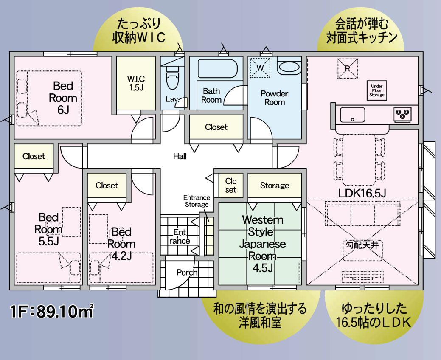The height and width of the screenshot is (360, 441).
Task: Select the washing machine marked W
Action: [260, 67]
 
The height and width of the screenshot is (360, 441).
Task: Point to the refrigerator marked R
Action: [347, 67]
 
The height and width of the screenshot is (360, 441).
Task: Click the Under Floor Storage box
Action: [376, 90]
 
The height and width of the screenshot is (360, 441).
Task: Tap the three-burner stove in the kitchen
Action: [403, 113]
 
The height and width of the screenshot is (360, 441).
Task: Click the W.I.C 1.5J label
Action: [136, 83]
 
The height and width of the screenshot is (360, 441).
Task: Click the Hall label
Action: [180, 156]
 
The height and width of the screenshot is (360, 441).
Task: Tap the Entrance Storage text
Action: [197, 201]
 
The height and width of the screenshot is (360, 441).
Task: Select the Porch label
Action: [187, 272]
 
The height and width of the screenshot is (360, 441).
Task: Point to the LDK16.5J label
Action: [362, 193]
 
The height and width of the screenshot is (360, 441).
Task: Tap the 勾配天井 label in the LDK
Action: [362, 245]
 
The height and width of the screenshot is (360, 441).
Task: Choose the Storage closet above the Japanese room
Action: [275, 186]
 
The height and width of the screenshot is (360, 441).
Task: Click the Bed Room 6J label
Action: [63, 98]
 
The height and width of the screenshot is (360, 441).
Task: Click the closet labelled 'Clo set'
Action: [231, 185]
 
